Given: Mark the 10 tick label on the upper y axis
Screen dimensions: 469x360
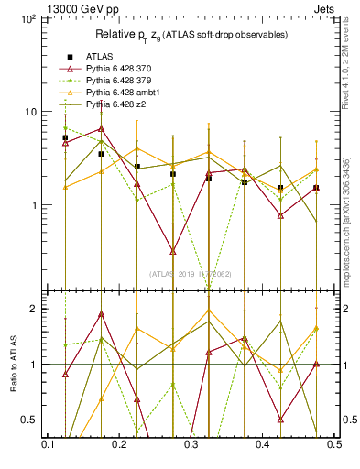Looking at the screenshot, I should tap(27, 112).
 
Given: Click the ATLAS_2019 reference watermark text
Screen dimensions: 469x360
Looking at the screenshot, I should tap(191, 273).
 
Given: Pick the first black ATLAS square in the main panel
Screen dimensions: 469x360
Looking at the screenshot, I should tap(65, 137).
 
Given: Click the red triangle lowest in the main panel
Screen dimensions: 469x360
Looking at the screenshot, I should tap(172, 250).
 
